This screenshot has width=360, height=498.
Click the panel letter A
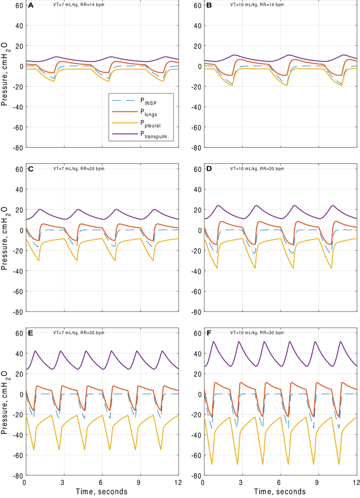30,5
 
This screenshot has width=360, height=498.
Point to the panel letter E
30,333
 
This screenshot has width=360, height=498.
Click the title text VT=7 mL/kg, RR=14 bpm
80,5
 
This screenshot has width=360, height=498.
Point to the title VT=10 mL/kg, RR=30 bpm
258,333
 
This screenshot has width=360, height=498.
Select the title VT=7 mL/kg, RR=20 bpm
80,169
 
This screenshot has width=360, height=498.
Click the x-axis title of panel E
101,492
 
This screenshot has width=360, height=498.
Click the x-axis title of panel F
279,492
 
